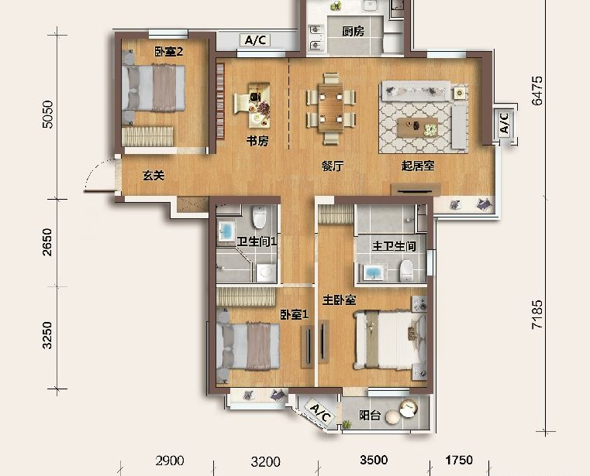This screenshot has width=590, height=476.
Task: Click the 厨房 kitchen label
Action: [x=354, y=31]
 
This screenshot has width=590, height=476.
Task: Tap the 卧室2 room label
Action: [x=169, y=51]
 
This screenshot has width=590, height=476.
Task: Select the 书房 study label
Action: [x=257, y=142]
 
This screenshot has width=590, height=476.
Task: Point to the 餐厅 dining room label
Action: [x=333, y=166]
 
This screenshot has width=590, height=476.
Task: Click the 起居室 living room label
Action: [x=418, y=166]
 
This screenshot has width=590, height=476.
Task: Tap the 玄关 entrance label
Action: [x=154, y=176]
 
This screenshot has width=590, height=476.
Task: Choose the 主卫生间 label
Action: [x=394, y=246]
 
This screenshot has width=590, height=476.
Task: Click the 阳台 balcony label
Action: [x=370, y=416]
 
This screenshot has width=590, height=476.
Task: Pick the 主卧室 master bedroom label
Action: [x=340, y=300]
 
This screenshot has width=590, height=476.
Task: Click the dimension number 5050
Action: [x=48, y=115]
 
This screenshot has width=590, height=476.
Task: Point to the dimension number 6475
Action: [x=537, y=91]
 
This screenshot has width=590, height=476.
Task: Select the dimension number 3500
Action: [x=374, y=460]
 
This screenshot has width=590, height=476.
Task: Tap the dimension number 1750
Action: [x=459, y=460]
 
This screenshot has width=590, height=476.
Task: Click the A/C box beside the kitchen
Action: [x=256, y=39]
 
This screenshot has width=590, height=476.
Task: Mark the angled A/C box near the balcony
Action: [x=319, y=413]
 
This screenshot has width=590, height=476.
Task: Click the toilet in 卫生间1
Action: [x=259, y=217]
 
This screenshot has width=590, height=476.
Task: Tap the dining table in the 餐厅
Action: [x=330, y=108]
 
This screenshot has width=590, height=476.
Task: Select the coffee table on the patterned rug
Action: [x=418, y=128]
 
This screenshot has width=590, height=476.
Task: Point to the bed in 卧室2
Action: [x=154, y=89]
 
